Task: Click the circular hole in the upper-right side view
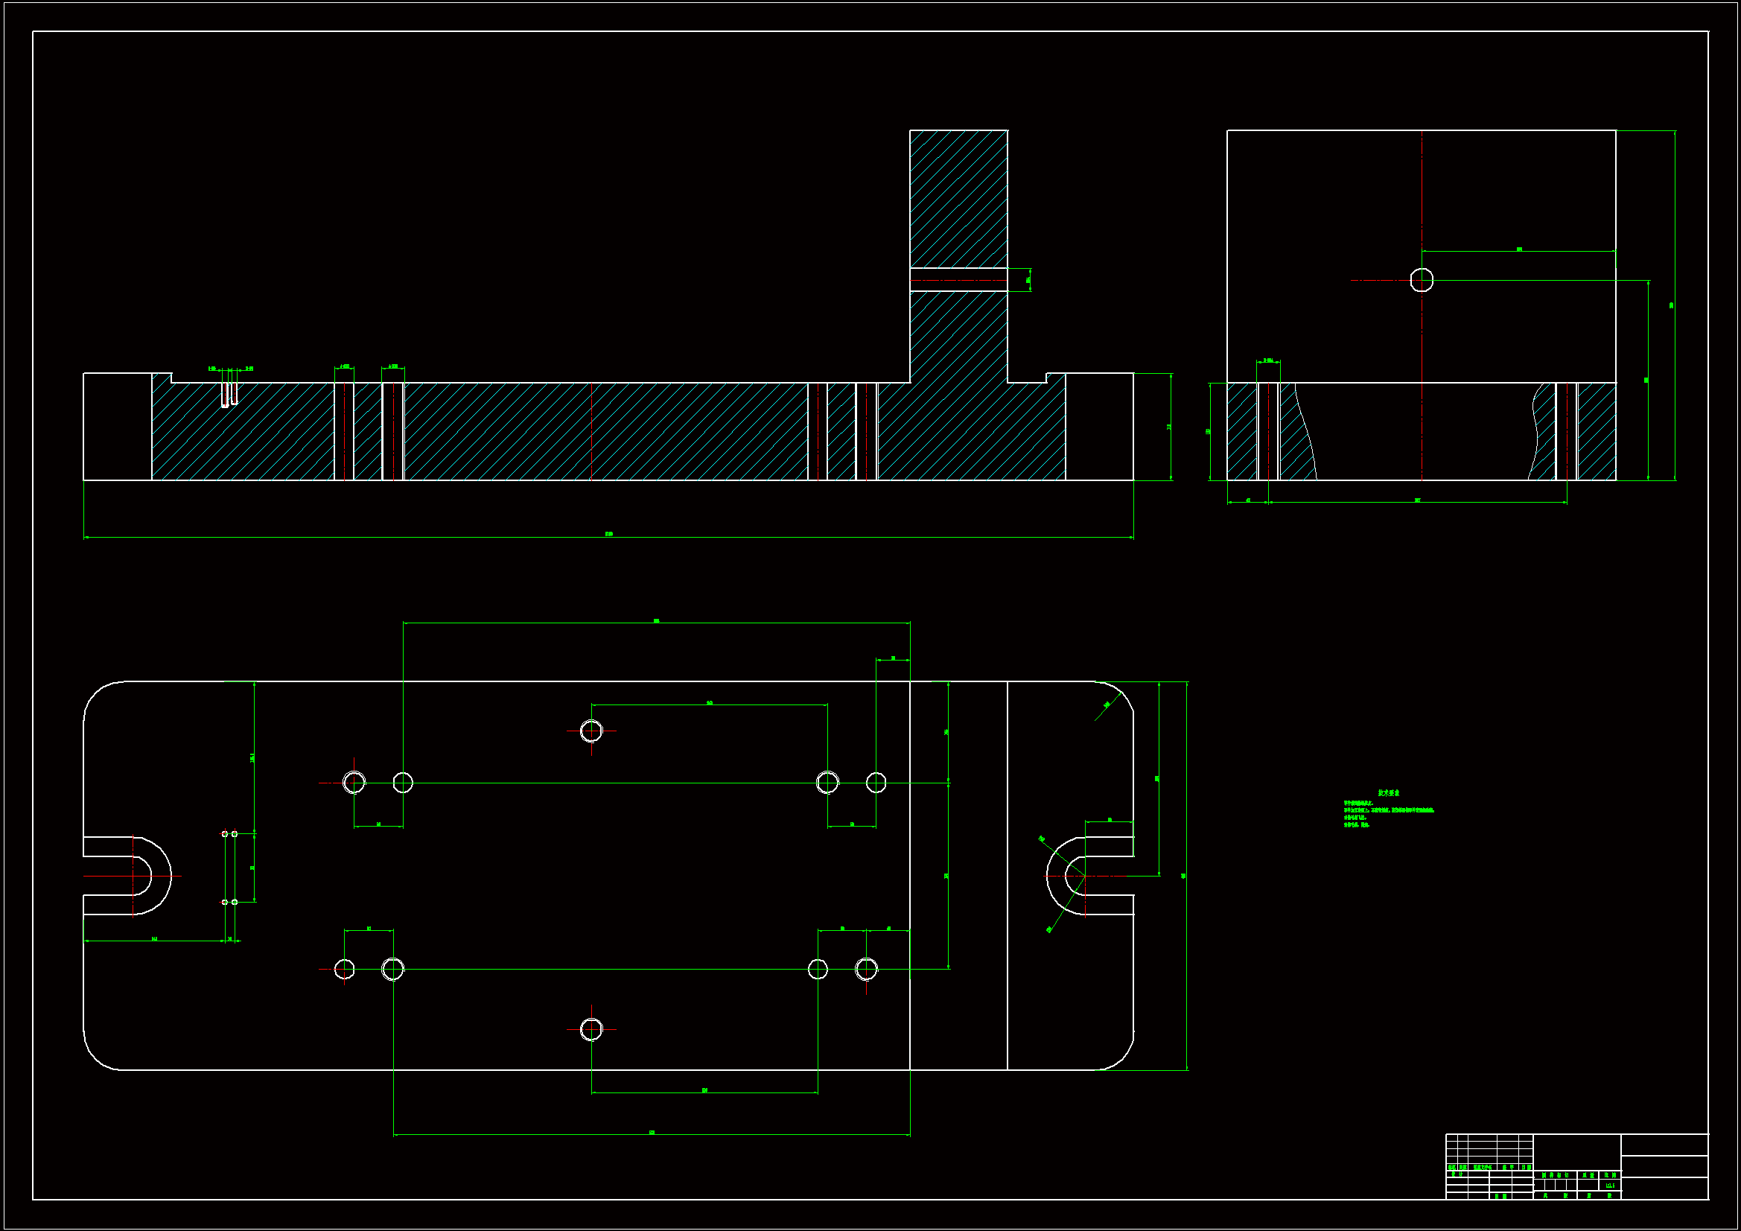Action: click(1421, 280)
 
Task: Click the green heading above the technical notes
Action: click(1388, 792)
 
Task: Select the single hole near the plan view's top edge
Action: click(591, 731)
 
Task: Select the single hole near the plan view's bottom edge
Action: click(591, 1029)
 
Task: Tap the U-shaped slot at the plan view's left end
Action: click(129, 875)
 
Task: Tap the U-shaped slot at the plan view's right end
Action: click(1092, 875)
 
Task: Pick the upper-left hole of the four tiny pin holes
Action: click(224, 833)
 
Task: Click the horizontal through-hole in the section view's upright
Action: click(958, 280)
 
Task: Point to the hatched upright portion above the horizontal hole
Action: click(958, 197)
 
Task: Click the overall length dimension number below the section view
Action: click(608, 534)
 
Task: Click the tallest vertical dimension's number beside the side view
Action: click(1671, 305)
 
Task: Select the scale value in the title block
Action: click(1610, 1185)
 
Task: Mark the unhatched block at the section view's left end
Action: click(117, 426)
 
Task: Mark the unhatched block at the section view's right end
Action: click(1099, 426)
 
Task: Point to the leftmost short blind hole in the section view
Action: click(224, 395)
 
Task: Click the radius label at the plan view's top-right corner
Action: click(1107, 704)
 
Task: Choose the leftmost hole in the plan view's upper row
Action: click(354, 782)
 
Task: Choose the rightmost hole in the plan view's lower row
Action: click(866, 969)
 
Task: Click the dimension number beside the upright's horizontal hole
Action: click(1028, 280)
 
